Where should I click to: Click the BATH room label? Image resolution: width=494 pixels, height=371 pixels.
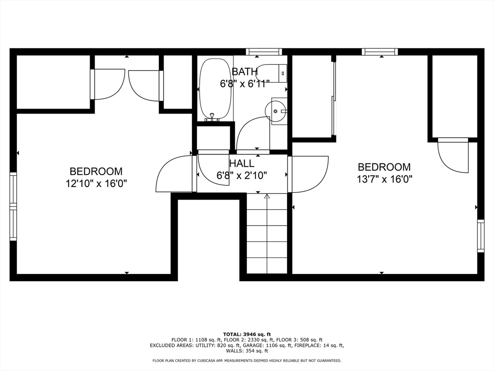(245, 72)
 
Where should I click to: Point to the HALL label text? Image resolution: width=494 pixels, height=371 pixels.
(242, 163)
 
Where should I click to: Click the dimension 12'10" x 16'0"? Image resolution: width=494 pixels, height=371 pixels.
(96, 184)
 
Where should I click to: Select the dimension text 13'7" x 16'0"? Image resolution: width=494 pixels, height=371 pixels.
(384, 179)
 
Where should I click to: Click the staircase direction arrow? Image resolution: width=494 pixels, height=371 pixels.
(267, 196)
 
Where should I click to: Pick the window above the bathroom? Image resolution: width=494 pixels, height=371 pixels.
(263, 52)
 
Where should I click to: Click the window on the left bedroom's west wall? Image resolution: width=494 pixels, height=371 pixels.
(13, 206)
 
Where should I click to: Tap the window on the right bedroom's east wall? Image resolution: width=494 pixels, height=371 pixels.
(480, 236)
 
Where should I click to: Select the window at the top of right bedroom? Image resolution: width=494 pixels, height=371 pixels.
(380, 52)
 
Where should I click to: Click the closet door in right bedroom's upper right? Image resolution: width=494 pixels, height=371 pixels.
(453, 156)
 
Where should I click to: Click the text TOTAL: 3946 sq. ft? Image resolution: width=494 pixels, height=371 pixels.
(247, 334)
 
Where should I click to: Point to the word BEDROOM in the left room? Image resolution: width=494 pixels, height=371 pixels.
(96, 171)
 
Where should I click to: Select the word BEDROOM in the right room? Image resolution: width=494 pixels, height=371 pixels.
(384, 167)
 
